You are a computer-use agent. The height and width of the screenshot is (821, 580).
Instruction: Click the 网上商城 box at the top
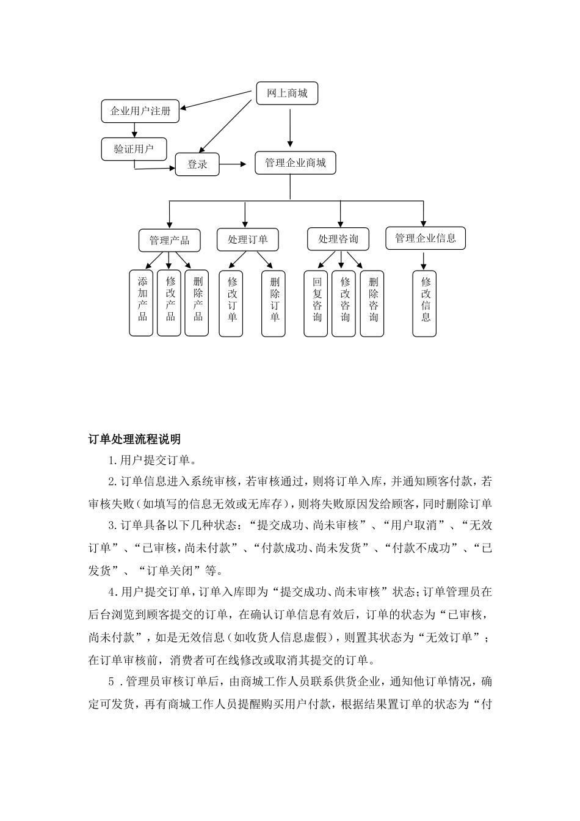(x=286, y=93)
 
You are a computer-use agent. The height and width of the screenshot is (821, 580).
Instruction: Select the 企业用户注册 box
(x=140, y=111)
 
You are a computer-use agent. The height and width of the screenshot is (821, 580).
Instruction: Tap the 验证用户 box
(x=134, y=148)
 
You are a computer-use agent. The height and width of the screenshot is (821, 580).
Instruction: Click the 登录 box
(x=197, y=164)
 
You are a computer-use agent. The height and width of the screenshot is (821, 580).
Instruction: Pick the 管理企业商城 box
(x=295, y=163)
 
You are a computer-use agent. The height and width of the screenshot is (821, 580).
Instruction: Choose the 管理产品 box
(x=169, y=240)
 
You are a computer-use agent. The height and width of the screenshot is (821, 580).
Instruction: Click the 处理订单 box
(x=247, y=239)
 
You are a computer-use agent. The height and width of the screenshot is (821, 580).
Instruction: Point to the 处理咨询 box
(x=338, y=239)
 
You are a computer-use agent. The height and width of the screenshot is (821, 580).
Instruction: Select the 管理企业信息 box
(x=425, y=238)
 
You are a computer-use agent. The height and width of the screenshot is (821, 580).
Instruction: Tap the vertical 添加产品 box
(x=142, y=303)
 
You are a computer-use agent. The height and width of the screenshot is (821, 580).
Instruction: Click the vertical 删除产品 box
(x=197, y=303)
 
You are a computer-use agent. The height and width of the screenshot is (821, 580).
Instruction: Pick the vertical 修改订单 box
(x=231, y=304)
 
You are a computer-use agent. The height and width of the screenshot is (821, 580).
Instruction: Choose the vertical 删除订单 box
(x=274, y=304)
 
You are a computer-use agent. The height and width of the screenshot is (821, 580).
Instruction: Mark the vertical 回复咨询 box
(x=316, y=304)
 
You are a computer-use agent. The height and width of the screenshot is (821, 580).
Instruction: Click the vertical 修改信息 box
(x=425, y=304)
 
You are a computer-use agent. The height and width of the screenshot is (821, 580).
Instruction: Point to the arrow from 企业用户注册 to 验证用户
(x=135, y=130)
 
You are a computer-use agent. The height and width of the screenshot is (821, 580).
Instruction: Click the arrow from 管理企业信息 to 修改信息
(x=423, y=260)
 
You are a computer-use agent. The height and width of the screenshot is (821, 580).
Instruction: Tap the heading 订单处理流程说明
(x=134, y=439)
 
